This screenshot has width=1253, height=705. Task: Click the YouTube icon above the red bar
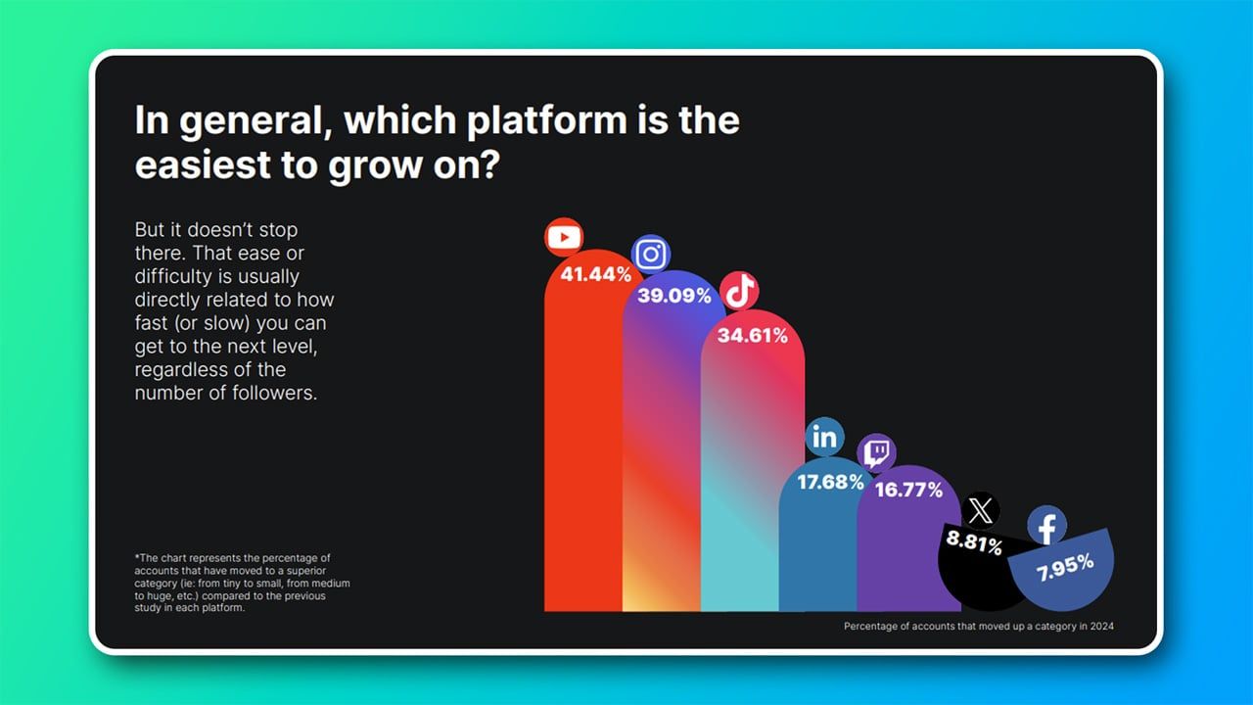point(564,237)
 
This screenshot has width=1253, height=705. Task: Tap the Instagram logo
point(651,254)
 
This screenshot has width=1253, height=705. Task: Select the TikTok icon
point(739,291)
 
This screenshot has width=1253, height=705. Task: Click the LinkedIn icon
point(824,437)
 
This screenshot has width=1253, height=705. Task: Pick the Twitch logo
point(876,452)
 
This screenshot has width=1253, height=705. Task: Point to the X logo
point(980,511)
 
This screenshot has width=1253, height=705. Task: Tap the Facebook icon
point(1046,526)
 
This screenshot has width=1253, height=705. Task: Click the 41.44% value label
point(596,274)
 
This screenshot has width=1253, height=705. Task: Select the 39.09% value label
point(674,296)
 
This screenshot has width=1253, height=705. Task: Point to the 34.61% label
point(753,335)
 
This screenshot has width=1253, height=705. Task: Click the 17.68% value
point(831,482)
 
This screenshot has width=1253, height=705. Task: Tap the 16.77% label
point(909,491)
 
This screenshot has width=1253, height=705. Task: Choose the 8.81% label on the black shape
point(974,542)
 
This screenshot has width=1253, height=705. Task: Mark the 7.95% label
point(1065,567)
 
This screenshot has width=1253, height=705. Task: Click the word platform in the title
point(547,120)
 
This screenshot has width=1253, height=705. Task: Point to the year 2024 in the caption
point(1101,626)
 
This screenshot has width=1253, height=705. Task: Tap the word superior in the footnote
point(306,571)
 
